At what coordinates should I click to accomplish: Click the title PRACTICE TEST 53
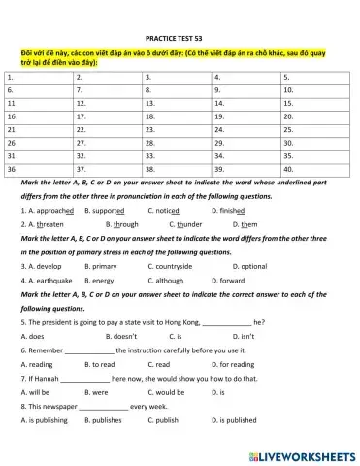pyautogui.click(x=180, y=33)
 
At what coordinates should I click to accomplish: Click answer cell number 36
pyautogui.click(x=38, y=167)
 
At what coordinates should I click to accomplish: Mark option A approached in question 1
pyautogui.click(x=46, y=210)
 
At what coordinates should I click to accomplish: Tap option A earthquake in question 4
pyautogui.click(x=46, y=280)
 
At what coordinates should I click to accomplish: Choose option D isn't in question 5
pyautogui.click(x=239, y=336)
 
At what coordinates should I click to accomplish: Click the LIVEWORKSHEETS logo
pyautogui.click(x=302, y=455)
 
